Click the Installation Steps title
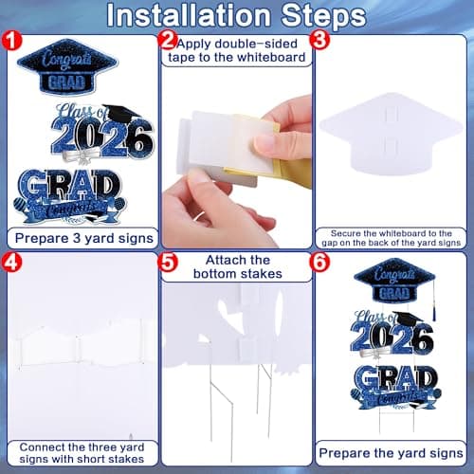[x=236, y=16]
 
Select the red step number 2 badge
[x=169, y=41]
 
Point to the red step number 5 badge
[x=169, y=261]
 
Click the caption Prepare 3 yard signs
[x=80, y=237]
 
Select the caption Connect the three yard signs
[x=80, y=454]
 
